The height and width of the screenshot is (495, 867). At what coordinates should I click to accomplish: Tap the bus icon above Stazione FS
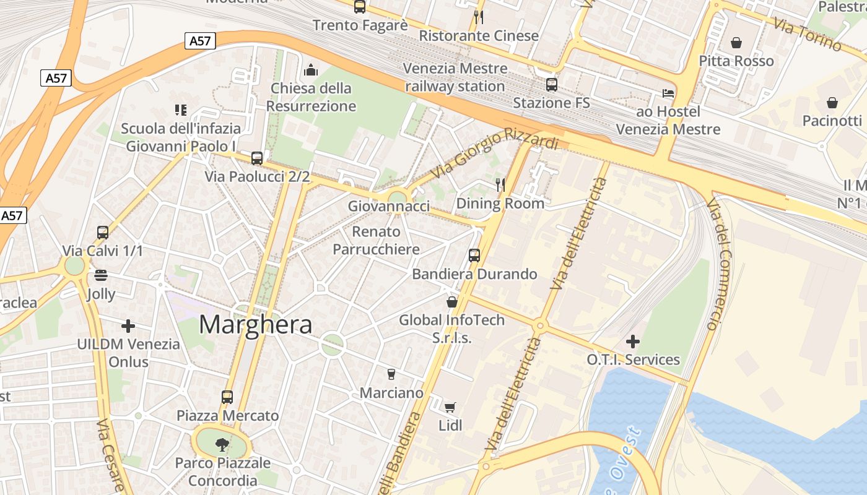tap(551, 85)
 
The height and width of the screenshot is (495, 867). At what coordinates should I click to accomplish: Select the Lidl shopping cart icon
tap(450, 407)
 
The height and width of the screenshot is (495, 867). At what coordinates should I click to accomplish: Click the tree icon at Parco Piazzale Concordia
tap(221, 444)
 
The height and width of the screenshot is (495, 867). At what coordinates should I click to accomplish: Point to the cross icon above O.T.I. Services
tap(633, 341)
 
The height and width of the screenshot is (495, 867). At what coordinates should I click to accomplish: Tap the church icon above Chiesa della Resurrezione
tap(311, 70)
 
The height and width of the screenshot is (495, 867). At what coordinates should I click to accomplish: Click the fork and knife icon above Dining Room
tap(500, 184)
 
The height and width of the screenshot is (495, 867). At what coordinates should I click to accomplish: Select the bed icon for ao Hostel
tap(668, 93)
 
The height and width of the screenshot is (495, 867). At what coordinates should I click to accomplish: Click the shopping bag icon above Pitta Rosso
tap(736, 43)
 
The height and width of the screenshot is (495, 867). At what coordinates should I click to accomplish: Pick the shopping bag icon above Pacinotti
tap(832, 102)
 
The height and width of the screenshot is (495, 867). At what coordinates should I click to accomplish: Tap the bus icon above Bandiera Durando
tap(474, 255)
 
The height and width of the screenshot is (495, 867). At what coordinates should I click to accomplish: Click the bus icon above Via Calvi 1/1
tap(103, 233)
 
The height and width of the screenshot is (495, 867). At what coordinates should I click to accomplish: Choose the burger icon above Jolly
tap(100, 275)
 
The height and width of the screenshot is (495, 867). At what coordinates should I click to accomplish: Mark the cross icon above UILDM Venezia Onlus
tap(128, 325)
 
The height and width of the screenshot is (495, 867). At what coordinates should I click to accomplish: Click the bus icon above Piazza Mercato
tap(227, 397)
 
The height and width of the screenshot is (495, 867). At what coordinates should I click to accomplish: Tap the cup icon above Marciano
tap(391, 374)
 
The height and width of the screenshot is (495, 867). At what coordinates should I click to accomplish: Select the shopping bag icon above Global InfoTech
tap(452, 302)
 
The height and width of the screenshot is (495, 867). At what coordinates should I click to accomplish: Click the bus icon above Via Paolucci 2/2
tap(257, 158)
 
